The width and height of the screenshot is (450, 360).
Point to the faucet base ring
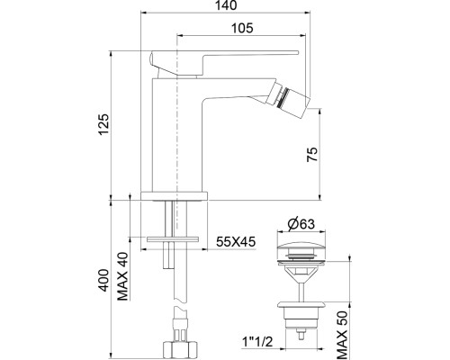point(175,194)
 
